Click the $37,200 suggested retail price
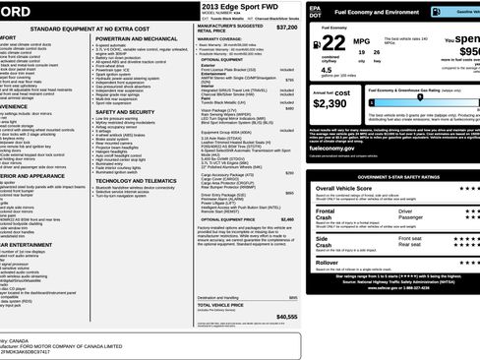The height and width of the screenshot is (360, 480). tap(287, 28)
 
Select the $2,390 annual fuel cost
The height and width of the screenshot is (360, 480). tap(330, 102)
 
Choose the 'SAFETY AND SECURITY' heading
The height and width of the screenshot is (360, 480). tap(133, 111)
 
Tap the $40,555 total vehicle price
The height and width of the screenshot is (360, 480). tap(287, 316)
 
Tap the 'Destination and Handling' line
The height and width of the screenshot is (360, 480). tap(219, 296)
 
